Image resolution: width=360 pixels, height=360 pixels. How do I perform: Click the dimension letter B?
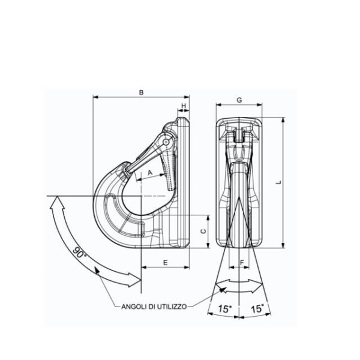click(142, 92)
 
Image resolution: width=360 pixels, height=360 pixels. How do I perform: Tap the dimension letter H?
click(184, 106)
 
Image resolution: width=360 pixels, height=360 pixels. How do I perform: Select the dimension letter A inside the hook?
click(150, 172)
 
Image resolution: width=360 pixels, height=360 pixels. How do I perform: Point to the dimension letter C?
click(203, 232)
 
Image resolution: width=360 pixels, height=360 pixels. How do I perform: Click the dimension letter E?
click(166, 263)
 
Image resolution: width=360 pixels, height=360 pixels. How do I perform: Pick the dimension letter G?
click(239, 100)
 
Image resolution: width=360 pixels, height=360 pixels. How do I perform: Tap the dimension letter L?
click(279, 182)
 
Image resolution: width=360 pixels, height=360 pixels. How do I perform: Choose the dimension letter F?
click(242, 262)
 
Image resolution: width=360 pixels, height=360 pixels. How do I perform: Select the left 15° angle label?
click(225, 309)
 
